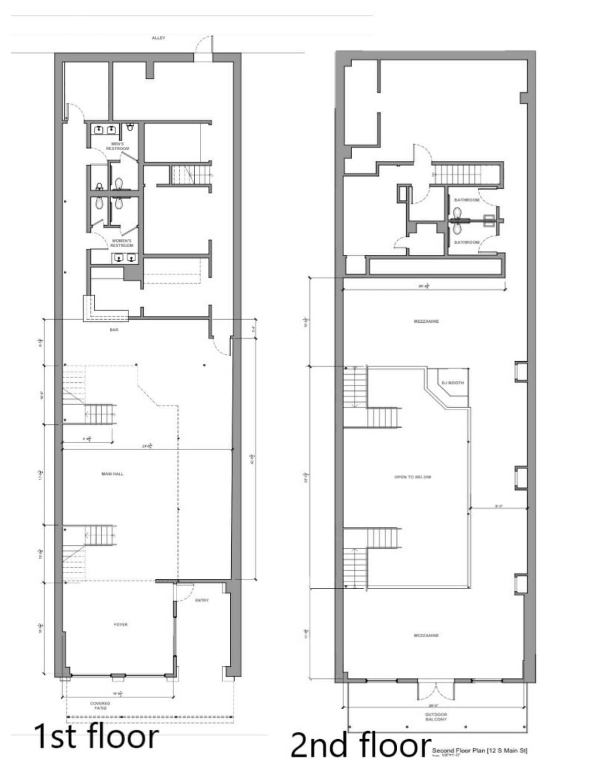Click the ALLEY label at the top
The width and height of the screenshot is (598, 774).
[x=159, y=38]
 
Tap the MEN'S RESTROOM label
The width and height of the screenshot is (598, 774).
[x=117, y=146]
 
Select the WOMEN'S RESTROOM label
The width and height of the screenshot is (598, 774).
[x=122, y=243]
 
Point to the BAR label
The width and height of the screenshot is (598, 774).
[x=114, y=330]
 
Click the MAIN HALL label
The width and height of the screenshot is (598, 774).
[x=113, y=474]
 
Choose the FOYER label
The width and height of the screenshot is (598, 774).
[x=121, y=624]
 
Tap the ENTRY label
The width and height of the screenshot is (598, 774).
[x=202, y=600]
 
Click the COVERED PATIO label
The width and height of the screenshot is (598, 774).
[x=100, y=706]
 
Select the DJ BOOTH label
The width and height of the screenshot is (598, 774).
[x=453, y=383]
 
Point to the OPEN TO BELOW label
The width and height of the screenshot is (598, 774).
[x=413, y=477]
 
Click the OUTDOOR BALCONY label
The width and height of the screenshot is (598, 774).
[x=436, y=717]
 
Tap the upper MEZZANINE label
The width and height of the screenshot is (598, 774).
[x=426, y=321]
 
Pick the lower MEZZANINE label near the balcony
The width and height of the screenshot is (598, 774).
[x=426, y=636]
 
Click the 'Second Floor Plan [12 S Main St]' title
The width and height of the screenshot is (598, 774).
[x=479, y=751]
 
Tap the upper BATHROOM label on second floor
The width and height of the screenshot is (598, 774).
[x=467, y=200]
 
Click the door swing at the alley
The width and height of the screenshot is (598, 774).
[x=204, y=46]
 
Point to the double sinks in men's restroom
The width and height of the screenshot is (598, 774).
[x=106, y=130]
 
